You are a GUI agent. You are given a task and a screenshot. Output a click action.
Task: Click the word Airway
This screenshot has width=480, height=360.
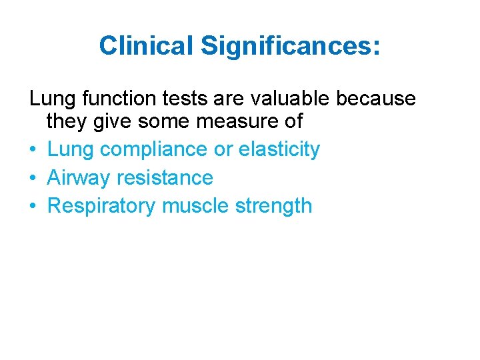tap(79, 177)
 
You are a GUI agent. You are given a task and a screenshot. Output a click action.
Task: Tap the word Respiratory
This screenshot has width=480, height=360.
tap(102, 206)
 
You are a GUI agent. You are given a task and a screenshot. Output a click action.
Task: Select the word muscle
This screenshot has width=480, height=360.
tap(196, 206)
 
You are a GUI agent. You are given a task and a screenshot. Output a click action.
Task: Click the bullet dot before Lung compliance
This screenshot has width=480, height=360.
tap(33, 150)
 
